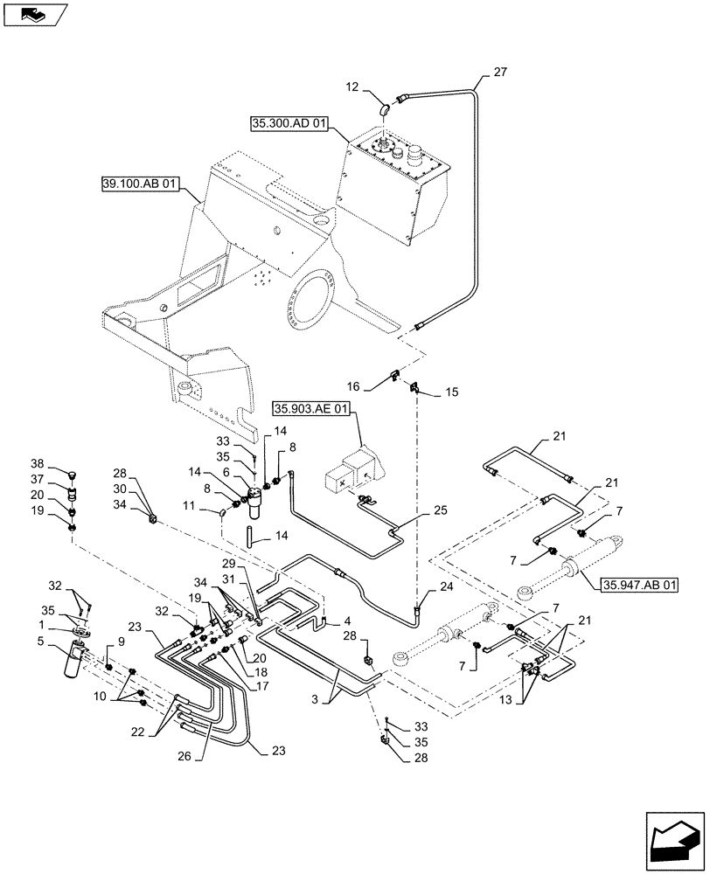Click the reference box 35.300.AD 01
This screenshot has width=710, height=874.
pos(289,126)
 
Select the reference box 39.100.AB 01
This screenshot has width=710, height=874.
pos(140,184)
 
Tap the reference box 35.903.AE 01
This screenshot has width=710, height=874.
pos(311,407)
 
